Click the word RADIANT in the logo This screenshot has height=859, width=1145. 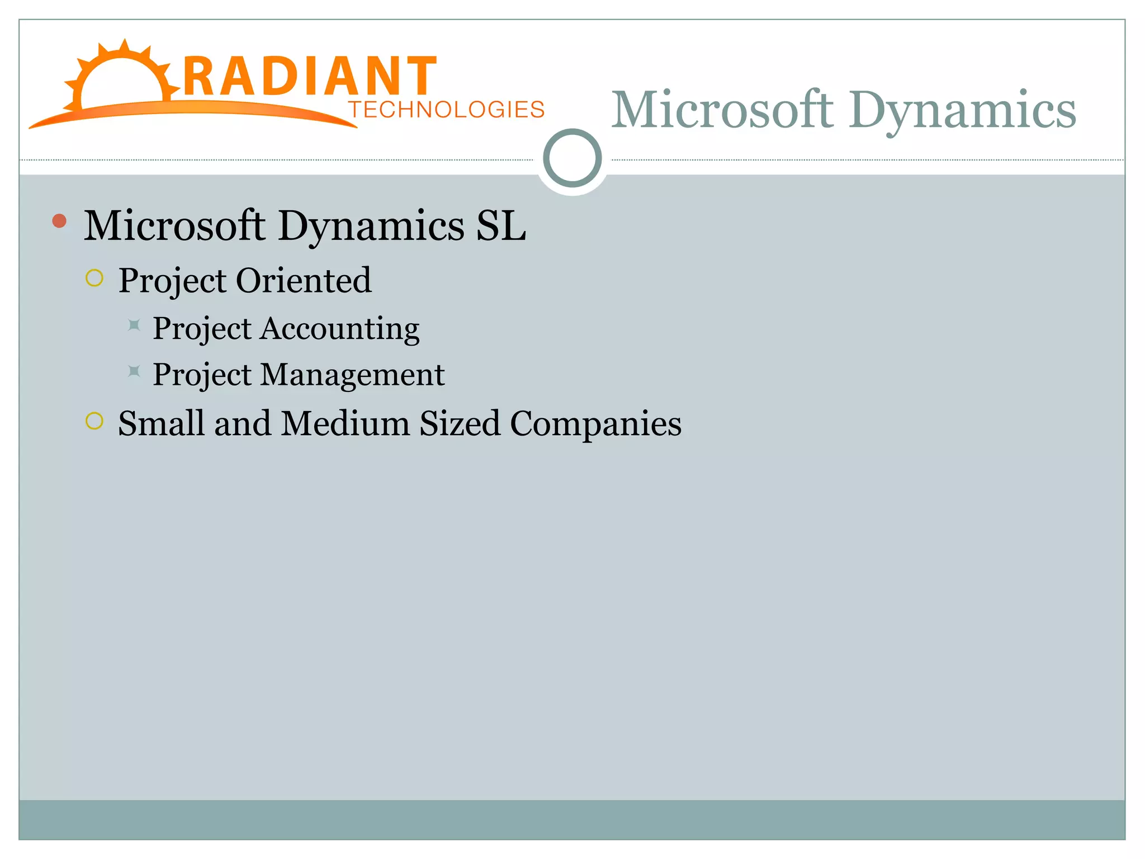(309, 77)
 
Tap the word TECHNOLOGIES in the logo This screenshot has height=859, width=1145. (446, 110)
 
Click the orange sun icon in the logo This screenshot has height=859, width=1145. (120, 78)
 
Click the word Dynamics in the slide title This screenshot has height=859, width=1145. (962, 110)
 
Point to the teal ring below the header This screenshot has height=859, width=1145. (572, 158)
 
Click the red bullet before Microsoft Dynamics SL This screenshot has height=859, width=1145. (59, 221)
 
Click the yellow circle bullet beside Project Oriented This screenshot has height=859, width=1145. (94, 278)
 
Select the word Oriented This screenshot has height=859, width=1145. (304, 280)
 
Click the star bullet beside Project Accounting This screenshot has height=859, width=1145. (134, 325)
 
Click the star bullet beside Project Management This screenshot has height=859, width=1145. (134, 371)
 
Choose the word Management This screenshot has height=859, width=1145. (352, 374)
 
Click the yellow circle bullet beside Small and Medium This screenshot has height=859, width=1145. (94, 421)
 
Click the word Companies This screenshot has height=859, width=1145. (595, 423)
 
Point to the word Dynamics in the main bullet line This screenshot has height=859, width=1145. (371, 225)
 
